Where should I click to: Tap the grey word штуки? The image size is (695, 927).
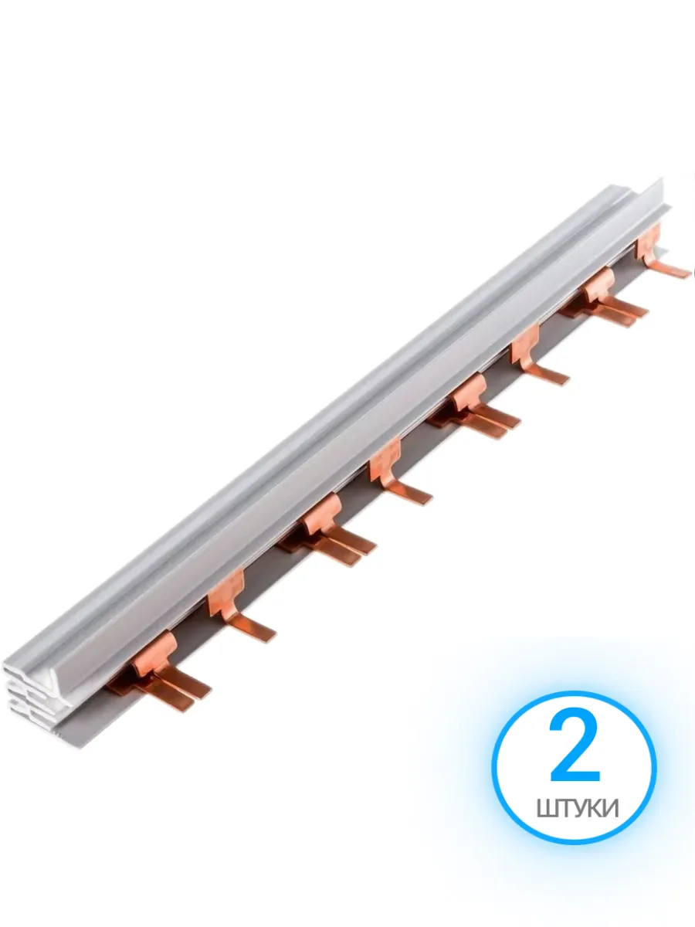pos(578,808)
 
